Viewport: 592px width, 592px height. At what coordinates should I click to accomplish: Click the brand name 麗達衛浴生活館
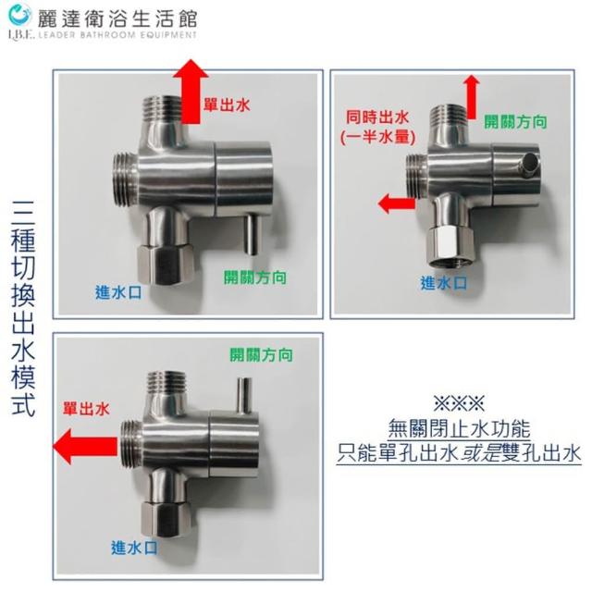coord(117,18)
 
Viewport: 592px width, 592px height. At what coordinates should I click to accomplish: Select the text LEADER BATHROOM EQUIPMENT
coord(117,35)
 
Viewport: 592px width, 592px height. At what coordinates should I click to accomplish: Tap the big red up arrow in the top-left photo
coord(191,92)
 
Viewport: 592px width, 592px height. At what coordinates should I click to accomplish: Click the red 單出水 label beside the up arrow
coord(227,105)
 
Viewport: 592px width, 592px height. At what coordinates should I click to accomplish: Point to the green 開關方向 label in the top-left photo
coord(255,277)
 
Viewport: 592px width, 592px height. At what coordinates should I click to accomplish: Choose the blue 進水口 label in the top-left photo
coord(118,292)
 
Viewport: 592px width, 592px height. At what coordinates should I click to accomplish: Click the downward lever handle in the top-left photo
coord(253,234)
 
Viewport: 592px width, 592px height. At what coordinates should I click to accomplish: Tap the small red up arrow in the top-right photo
coord(472,97)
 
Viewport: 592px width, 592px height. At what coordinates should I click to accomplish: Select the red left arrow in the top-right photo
coord(397,203)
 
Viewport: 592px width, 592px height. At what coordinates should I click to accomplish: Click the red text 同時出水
coord(377,117)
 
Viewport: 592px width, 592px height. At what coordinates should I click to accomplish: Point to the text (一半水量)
coord(377,137)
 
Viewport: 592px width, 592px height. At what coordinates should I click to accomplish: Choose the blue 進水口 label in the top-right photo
coord(444,283)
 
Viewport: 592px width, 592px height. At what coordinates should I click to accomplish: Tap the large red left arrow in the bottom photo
coord(85,446)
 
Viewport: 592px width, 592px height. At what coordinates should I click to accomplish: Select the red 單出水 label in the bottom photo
coord(86,409)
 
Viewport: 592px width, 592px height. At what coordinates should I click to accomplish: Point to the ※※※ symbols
coord(459,403)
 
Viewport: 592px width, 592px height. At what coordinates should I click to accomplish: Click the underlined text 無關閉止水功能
coord(459,429)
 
